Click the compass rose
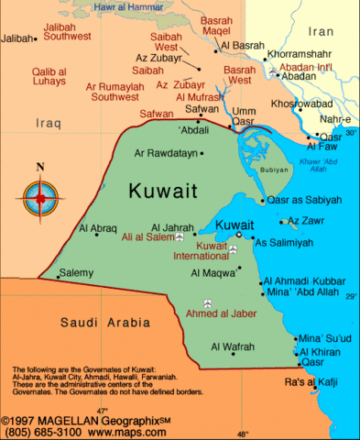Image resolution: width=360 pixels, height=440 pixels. coord(38,194)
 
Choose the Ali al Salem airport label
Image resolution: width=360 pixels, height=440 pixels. coord(147,238)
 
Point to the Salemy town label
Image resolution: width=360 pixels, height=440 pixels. coord(76,272)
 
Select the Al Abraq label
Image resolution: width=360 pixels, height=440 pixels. coord(98,227)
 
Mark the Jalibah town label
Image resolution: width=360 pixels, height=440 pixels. coord(18,38)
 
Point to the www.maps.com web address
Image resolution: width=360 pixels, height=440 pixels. coord(116,428)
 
